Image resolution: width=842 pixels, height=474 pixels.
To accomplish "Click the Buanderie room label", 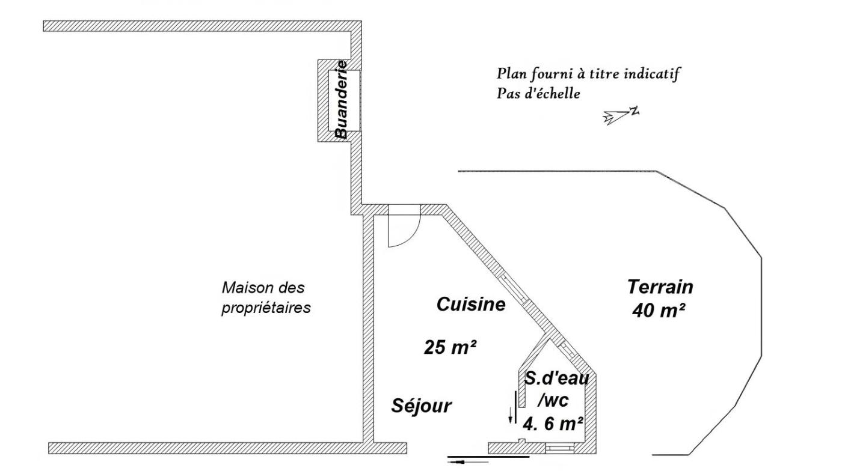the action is tap(342, 100).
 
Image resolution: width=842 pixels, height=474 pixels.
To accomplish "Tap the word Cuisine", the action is tap(471, 304).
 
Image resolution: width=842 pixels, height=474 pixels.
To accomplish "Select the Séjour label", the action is tap(422, 406).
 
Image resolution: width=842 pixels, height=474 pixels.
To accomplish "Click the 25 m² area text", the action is tap(450, 347).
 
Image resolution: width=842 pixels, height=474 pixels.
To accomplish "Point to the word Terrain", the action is tap(660, 287).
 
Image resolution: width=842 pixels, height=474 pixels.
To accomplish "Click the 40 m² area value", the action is tap(658, 310).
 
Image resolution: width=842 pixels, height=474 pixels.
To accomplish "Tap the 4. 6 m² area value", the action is tap(553, 424).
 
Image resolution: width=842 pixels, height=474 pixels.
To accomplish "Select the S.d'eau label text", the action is tap(557, 378).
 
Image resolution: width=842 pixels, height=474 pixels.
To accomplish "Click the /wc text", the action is tap(553, 401).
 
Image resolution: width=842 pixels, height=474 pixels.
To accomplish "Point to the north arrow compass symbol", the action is tap(621, 115).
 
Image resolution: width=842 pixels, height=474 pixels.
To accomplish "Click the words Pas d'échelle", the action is tap(538, 94).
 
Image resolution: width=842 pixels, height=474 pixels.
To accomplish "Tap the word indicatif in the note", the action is tap(651, 74).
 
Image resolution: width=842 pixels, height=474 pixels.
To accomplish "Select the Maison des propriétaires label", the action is tap(266, 298).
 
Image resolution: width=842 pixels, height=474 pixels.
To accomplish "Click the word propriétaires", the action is tap(266, 308).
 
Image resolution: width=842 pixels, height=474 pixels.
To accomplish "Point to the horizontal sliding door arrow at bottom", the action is tap(469, 461).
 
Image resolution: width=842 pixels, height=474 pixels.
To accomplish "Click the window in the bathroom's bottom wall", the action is tap(560, 448).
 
